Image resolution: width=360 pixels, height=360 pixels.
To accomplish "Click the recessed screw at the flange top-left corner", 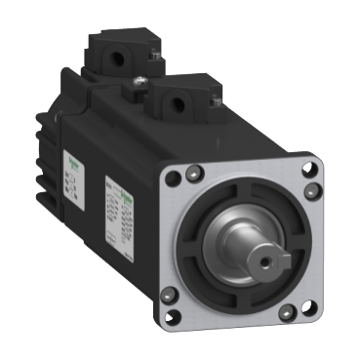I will (x=196, y=172).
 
